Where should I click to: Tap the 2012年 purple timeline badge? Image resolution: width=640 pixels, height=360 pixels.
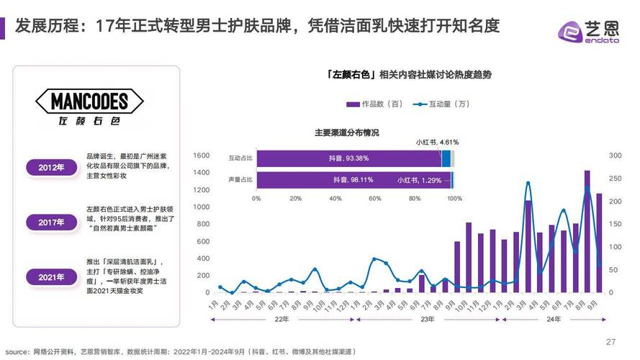[51, 168]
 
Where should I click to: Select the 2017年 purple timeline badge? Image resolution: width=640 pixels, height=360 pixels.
[51, 222]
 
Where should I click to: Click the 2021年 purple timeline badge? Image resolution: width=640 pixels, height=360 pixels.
[51, 276]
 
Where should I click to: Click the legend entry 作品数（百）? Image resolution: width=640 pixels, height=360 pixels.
[374, 104]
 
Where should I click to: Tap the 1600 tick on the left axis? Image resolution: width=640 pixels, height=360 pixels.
[201, 156]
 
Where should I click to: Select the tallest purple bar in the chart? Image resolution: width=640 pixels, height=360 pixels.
[587, 230]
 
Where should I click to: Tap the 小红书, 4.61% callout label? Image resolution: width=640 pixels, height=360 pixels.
[437, 142]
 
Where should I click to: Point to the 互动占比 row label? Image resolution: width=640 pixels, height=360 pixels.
[240, 158]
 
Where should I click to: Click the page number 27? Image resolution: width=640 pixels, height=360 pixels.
[610, 341]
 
